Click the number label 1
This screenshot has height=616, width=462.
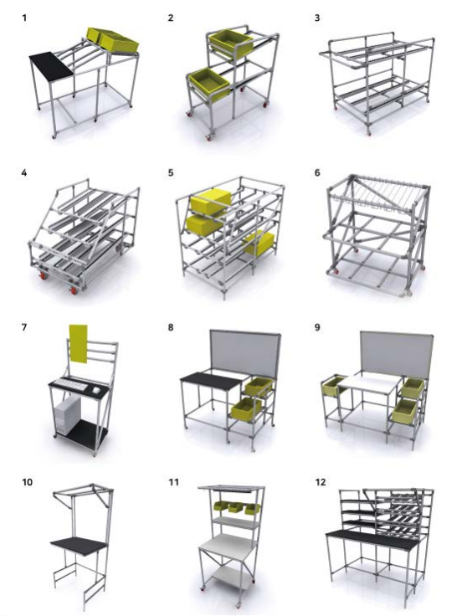point(25,18)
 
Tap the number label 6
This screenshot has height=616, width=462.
point(317,173)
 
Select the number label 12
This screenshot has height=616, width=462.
point(321,482)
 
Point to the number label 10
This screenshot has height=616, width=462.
point(27,482)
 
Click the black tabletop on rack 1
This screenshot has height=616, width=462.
point(52,64)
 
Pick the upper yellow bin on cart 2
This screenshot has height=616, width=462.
point(231,44)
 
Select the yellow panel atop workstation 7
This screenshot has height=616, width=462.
point(78,344)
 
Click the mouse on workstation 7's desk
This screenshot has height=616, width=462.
point(96,390)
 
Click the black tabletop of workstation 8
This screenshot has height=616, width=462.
point(211,381)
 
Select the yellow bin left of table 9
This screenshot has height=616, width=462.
point(332,385)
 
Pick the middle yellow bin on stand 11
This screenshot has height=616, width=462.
point(235,508)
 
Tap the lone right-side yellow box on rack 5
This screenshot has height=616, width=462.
point(259,244)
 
